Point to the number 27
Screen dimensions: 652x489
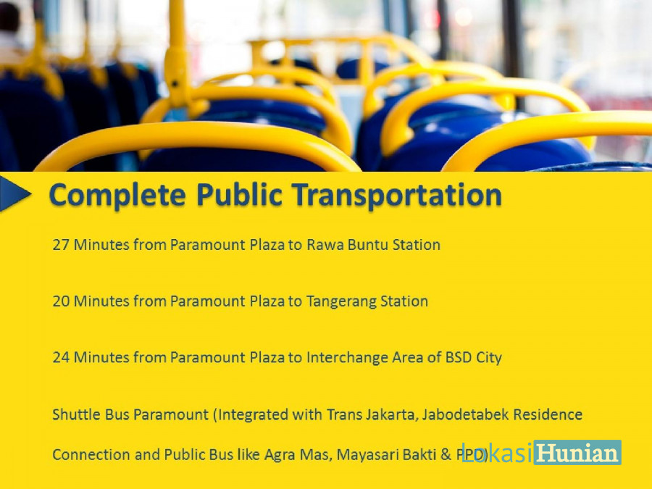tap(61, 245)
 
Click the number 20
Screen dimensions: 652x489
tap(61, 301)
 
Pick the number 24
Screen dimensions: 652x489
tap(61, 358)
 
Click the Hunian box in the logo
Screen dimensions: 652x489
tap(577, 452)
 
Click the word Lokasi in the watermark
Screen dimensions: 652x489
tap(496, 452)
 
